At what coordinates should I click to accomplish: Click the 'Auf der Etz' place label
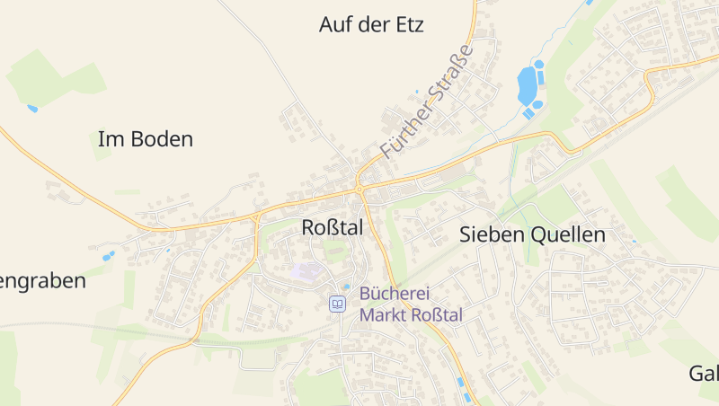click(x=370, y=24)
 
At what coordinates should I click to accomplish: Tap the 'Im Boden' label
click(x=145, y=139)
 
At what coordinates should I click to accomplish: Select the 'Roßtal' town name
click(x=332, y=228)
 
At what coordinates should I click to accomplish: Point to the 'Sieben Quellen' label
click(x=532, y=235)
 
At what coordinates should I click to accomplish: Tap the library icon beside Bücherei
click(x=337, y=304)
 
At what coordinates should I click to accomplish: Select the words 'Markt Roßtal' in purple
click(x=411, y=314)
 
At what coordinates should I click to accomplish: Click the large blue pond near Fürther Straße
click(x=528, y=86)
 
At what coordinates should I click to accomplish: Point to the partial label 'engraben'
click(x=43, y=280)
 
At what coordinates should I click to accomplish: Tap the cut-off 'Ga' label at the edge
click(x=704, y=373)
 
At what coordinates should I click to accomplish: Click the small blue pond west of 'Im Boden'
click(x=32, y=109)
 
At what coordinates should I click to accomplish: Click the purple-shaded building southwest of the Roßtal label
click(x=306, y=270)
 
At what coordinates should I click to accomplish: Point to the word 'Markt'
click(x=381, y=314)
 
